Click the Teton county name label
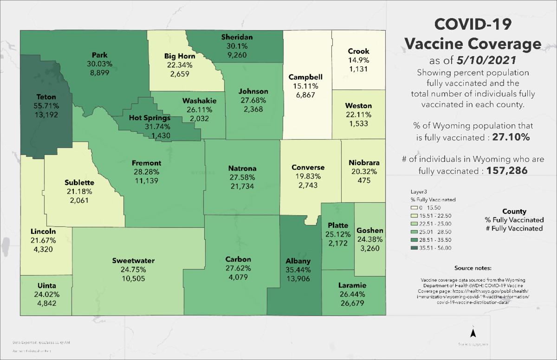click(x=46, y=97)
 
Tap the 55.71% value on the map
click(x=46, y=105)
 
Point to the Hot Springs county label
click(x=150, y=118)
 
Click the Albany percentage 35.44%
click(x=298, y=270)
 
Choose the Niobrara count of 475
click(x=364, y=180)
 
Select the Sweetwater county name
click(x=133, y=261)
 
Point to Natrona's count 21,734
click(x=242, y=186)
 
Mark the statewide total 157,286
click(x=507, y=171)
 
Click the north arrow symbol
click(x=473, y=333)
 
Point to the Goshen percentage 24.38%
click(x=369, y=239)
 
